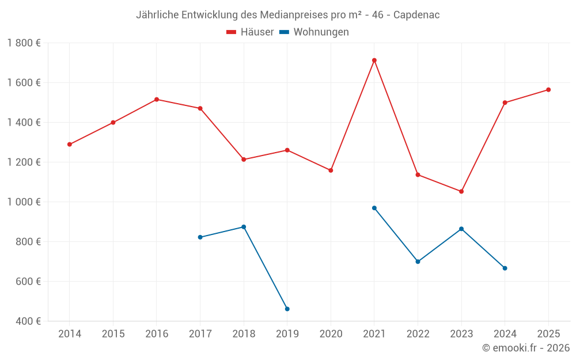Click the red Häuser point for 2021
374,60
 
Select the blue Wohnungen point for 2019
287,309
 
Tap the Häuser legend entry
250,32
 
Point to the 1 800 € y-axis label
24,43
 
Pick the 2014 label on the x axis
70,334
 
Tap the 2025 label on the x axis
548,334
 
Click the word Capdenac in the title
416,15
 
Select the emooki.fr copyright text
526,348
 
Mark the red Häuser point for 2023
461,191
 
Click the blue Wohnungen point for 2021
374,208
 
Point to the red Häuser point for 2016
157,100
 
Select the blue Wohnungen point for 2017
200,237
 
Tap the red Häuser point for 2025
548,90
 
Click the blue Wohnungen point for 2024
505,268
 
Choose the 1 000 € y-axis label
24,202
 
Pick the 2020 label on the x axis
331,334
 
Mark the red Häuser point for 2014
70,145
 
